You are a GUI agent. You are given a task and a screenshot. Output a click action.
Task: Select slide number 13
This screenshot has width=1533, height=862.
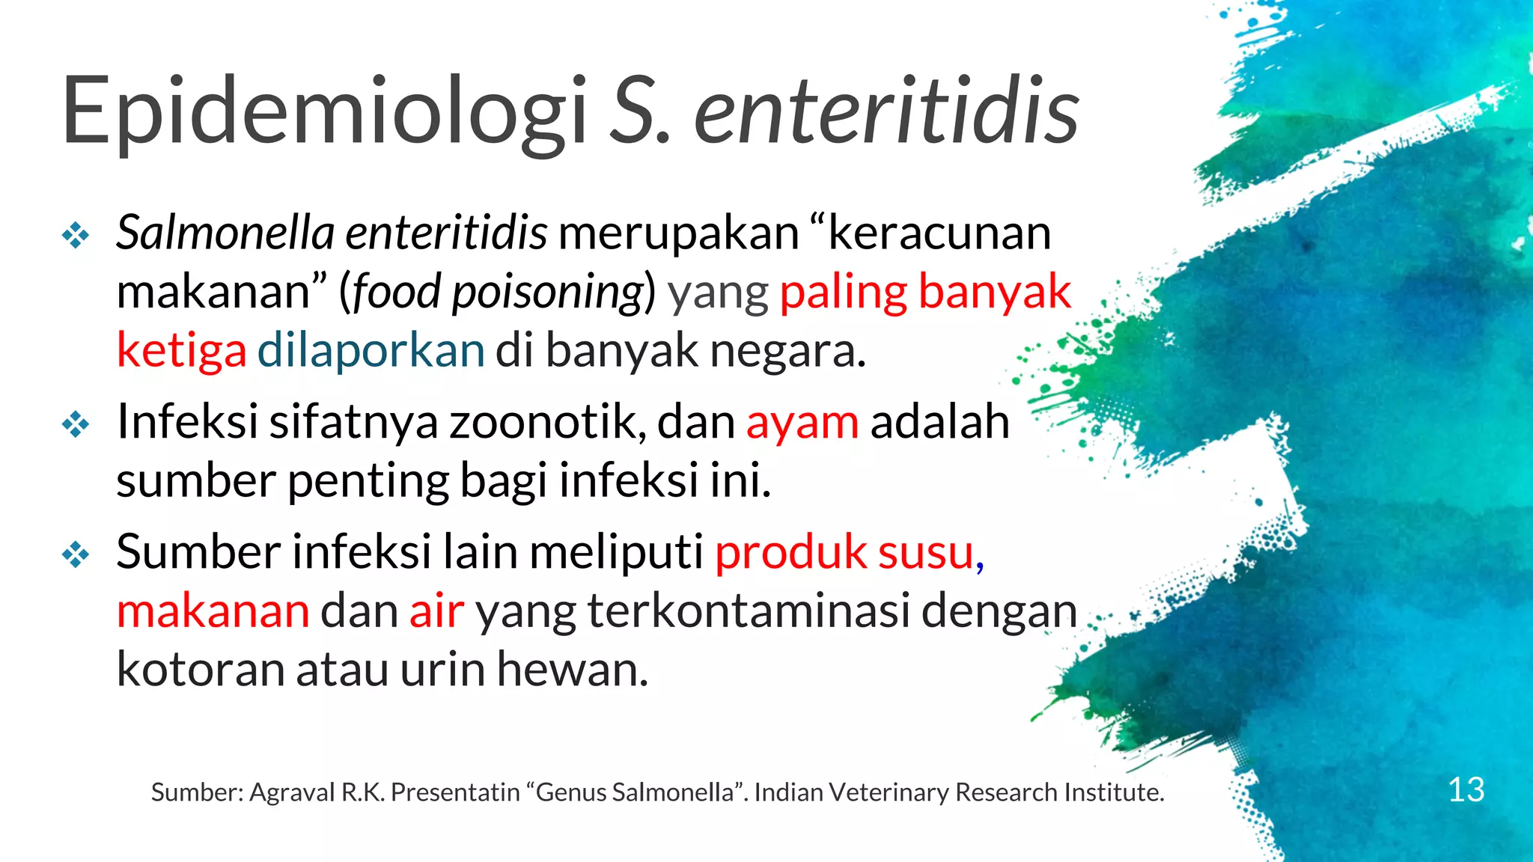click(1466, 790)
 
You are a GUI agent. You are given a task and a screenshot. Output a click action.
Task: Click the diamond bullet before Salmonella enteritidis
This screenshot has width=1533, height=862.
click(76, 236)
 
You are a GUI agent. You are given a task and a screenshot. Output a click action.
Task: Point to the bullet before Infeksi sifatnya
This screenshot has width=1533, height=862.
click(76, 425)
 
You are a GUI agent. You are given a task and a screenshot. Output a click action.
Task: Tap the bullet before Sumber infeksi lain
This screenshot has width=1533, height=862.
click(76, 555)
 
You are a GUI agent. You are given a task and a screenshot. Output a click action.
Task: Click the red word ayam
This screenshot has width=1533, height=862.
click(802, 423)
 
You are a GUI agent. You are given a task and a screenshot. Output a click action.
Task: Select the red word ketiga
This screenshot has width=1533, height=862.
click(181, 350)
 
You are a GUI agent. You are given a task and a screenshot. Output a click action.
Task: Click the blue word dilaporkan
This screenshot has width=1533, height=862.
click(371, 350)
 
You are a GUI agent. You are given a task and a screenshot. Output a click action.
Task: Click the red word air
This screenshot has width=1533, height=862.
click(436, 611)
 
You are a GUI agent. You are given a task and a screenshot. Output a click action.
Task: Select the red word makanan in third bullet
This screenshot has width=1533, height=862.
click(213, 611)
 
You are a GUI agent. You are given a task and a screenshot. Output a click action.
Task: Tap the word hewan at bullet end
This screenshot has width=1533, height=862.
click(572, 669)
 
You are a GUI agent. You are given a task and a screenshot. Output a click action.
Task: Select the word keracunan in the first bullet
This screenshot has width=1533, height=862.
click(939, 233)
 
